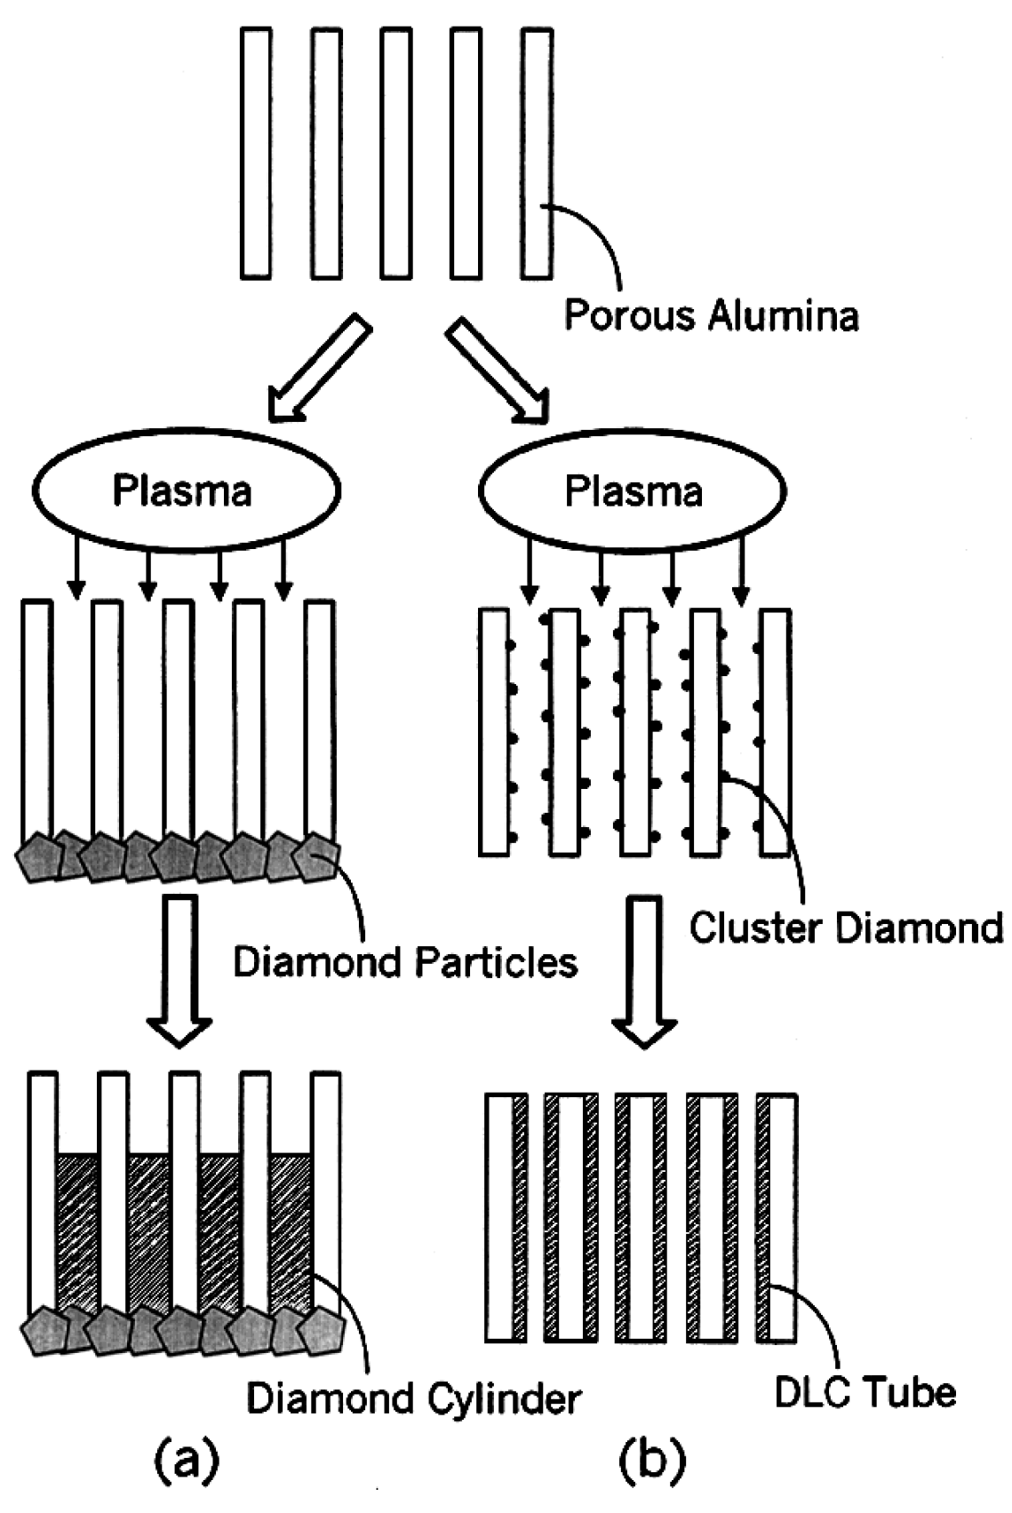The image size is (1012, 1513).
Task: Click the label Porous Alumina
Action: coord(712,315)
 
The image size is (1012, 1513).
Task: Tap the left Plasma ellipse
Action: coord(186,490)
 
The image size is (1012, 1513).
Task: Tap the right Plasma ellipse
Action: coord(633,490)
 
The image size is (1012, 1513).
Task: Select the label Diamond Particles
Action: coord(405,962)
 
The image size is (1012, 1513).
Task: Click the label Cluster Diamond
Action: coord(846,928)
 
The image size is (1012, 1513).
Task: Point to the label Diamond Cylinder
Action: coord(413,1398)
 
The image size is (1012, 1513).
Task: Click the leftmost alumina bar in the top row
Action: coord(256,153)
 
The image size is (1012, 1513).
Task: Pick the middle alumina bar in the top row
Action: coord(396,153)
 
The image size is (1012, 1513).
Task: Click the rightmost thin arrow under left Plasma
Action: coord(283,569)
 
